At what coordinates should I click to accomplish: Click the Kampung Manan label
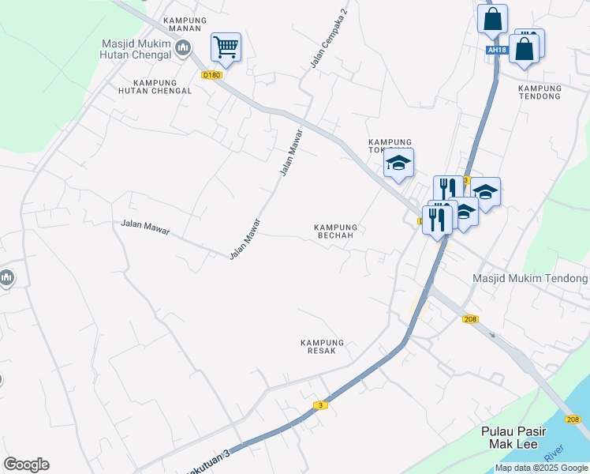point(185,25)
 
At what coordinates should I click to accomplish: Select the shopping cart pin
point(226,47)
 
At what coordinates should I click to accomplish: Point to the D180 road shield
point(212,75)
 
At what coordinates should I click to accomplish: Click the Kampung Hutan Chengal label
point(162,86)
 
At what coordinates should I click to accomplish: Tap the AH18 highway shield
point(495,50)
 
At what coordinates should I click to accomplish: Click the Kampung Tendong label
point(540,92)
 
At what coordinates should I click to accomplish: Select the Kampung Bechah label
point(336,231)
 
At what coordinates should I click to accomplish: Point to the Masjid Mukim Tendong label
point(530,278)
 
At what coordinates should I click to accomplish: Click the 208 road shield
point(471,319)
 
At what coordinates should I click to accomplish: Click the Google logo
point(26,465)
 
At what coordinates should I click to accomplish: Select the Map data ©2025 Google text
point(541,468)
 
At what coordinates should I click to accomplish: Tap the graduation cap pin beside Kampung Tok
point(399,164)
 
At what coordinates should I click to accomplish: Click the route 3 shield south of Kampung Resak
point(319,405)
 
